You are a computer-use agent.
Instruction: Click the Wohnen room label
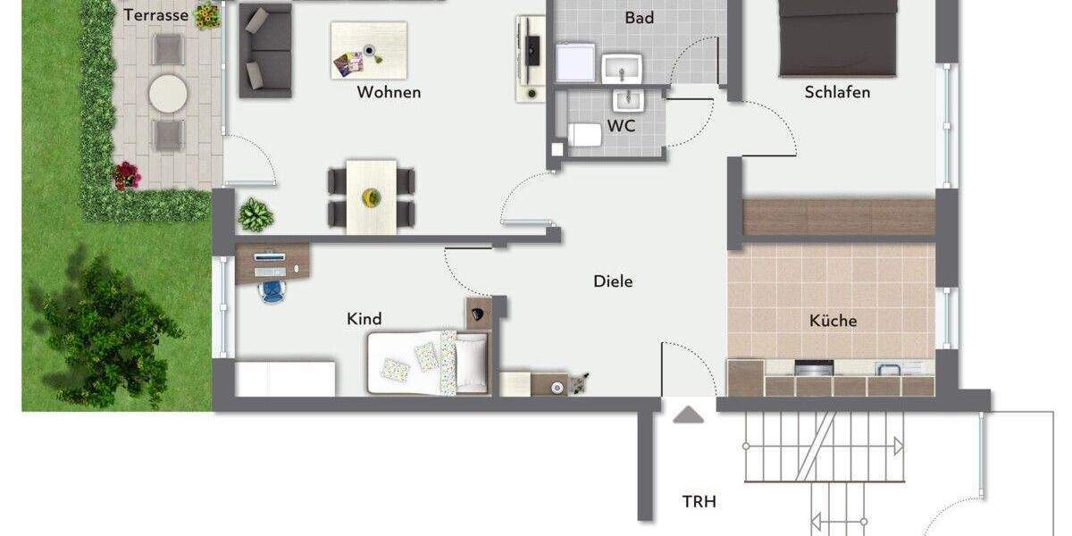coord(389,92)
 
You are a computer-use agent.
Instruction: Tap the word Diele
coord(613,281)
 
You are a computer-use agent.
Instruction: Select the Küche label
coord(833,321)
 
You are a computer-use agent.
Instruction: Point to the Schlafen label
coord(837,92)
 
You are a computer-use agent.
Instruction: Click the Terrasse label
coord(155,15)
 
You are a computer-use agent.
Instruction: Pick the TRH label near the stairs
coord(699,502)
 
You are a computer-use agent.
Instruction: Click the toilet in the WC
coord(585,135)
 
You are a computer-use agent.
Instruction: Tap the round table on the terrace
coord(167,92)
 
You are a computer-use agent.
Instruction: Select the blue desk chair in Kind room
coord(271,290)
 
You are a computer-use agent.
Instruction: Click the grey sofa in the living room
coord(265,51)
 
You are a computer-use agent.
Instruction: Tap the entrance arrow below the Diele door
coord(688,415)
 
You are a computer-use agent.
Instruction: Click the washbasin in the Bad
coord(622,66)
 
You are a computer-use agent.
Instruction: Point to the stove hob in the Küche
coord(814,368)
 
